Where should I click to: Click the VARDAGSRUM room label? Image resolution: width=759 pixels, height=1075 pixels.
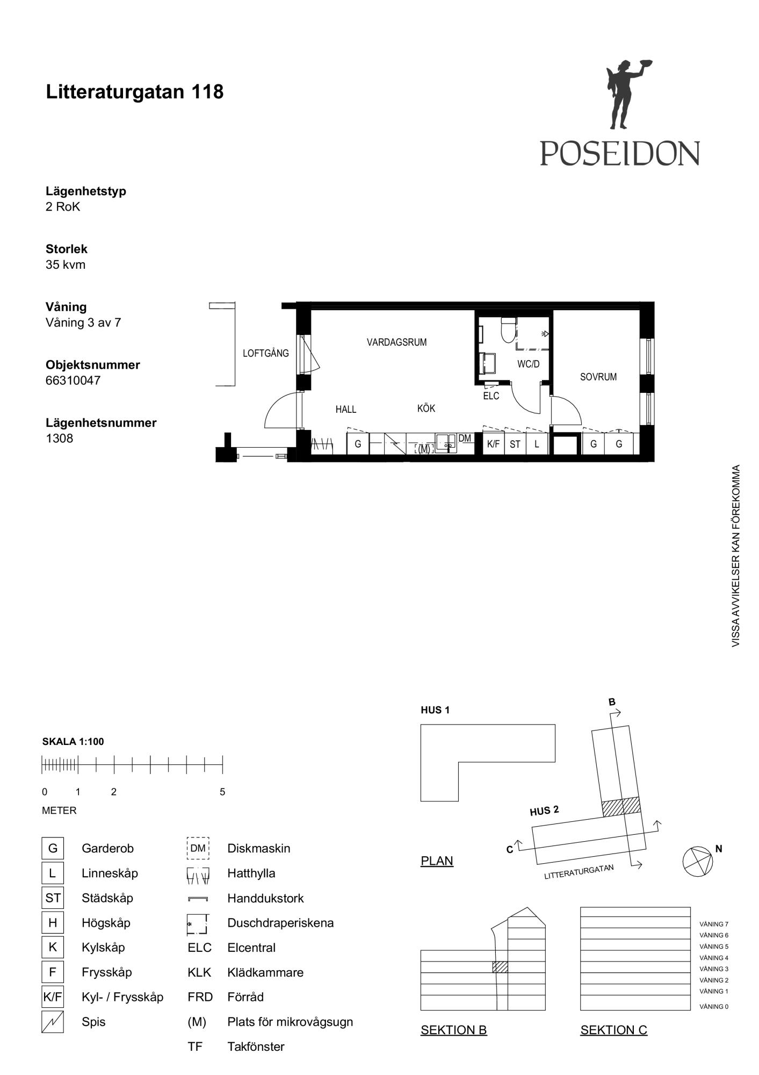pos(397,342)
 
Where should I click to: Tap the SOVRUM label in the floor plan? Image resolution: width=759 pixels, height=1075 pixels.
pos(598,377)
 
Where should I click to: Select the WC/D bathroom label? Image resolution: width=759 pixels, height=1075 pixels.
pos(529,364)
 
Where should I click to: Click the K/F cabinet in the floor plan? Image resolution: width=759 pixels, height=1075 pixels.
pos(494,444)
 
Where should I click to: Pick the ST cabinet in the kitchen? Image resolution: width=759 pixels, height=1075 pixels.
pos(515,444)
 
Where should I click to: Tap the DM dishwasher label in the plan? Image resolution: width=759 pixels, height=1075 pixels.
pos(465,439)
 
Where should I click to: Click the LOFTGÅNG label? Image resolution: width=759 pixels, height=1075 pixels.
pos(266,354)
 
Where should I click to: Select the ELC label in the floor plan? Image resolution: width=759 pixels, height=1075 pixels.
pos(491,396)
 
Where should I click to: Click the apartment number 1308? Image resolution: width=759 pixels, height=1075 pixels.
pos(59,439)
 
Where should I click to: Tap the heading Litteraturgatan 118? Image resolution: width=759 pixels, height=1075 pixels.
pos(135,92)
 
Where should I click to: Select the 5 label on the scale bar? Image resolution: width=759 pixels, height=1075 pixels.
pos(222,792)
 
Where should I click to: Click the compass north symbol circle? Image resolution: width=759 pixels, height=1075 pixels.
pos(698,862)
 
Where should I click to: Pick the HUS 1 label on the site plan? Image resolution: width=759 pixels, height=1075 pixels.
pos(435,710)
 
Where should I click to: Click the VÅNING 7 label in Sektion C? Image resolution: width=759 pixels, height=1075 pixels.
pos(714,924)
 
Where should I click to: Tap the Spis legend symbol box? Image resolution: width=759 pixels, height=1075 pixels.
pos(53,1022)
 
